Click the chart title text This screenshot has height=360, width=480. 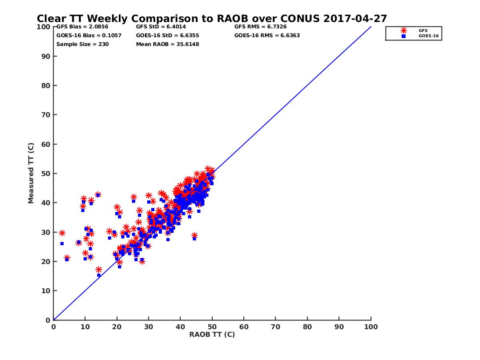pyautogui.click(x=212, y=18)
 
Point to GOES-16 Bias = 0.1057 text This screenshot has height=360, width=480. pyautogui.click(x=89, y=35)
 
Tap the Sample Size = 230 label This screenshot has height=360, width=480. pyautogui.click(x=82, y=44)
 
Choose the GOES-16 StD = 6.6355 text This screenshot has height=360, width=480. pyautogui.click(x=168, y=35)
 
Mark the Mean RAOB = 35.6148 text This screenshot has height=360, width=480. pyautogui.click(x=168, y=44)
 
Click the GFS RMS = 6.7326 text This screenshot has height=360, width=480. pyautogui.click(x=260, y=27)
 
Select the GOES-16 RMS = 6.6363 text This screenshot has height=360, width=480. pyautogui.click(x=267, y=35)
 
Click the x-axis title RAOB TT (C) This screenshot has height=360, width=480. pyautogui.click(x=212, y=334)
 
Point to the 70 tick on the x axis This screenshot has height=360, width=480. pyautogui.click(x=276, y=326)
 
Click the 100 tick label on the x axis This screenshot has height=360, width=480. pyautogui.click(x=371, y=326)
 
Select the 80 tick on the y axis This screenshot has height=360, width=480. pyautogui.click(x=46, y=85)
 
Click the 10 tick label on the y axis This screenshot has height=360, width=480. pyautogui.click(x=46, y=291)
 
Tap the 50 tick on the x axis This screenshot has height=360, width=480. pyautogui.click(x=212, y=326)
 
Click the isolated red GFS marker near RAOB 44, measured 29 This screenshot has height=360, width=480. pyautogui.click(x=194, y=235)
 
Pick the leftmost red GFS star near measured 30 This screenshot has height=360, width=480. pyautogui.click(x=62, y=233)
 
